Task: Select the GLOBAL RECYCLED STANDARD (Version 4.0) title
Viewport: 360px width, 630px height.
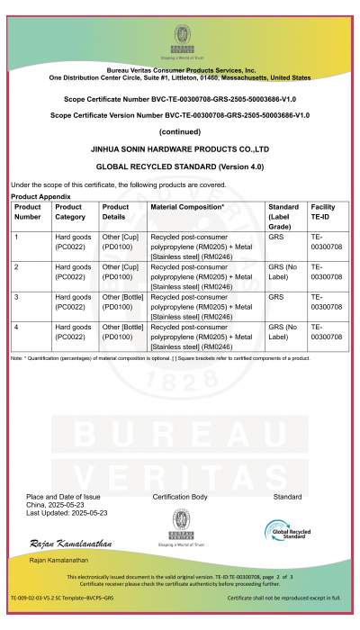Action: tap(181, 166)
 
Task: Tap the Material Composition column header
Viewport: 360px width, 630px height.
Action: tap(188, 207)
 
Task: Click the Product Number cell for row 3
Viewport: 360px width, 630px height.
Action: tap(18, 297)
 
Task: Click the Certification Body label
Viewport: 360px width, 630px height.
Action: tap(180, 497)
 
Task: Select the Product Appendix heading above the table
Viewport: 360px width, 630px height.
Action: tap(40, 195)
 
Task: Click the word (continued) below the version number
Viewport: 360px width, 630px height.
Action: tap(181, 130)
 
